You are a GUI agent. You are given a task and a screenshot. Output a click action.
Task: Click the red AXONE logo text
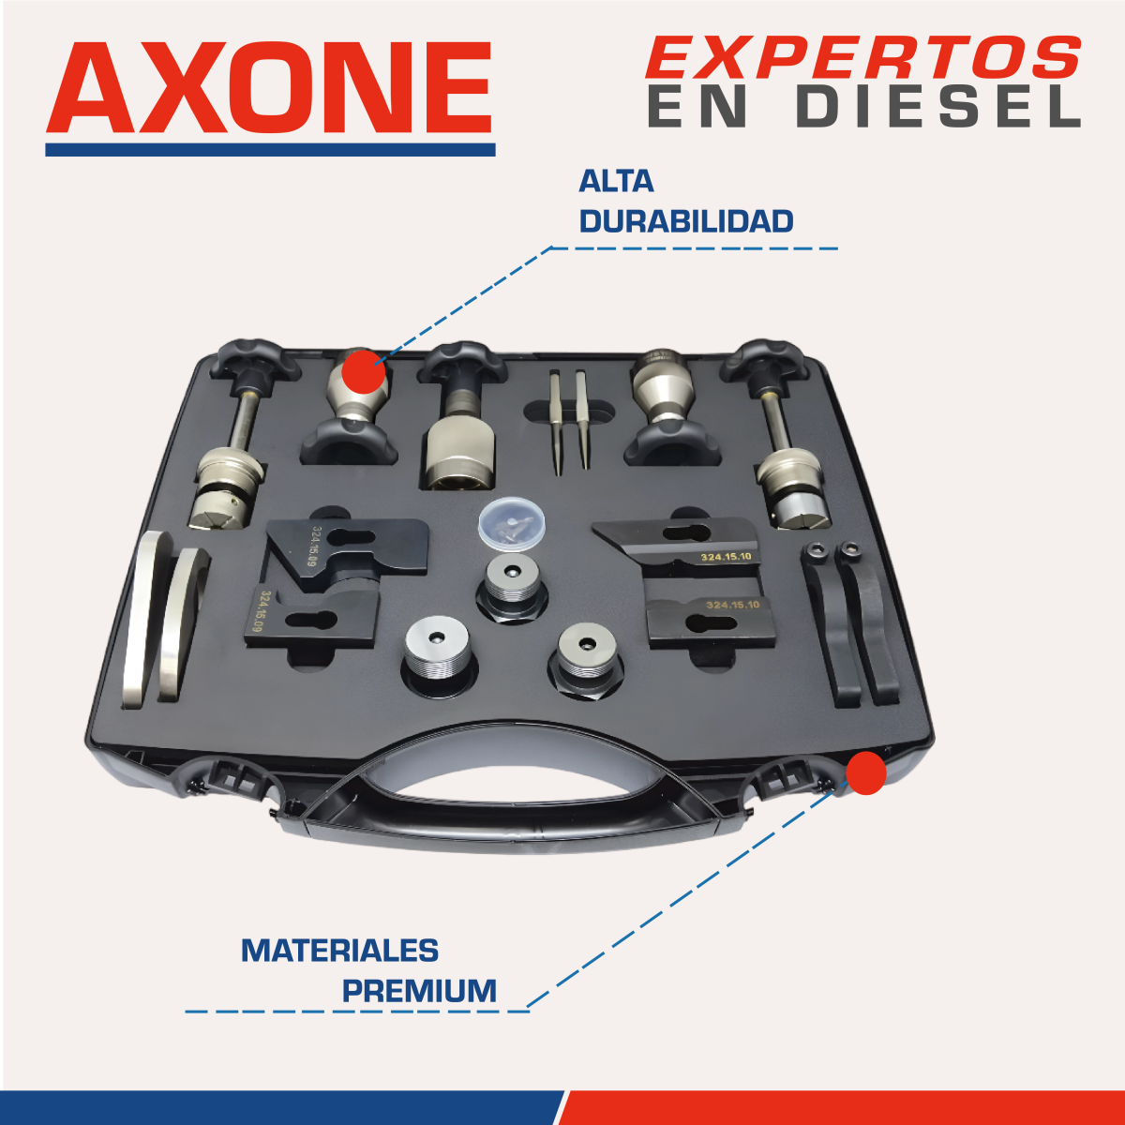269,88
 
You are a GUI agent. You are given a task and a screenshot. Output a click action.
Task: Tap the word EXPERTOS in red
863,57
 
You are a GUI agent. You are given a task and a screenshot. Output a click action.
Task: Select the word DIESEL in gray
938,108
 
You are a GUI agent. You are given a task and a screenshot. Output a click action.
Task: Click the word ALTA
616,182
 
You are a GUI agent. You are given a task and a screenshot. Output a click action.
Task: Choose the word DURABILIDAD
686,221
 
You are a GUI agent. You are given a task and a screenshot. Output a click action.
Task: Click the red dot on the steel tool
363,371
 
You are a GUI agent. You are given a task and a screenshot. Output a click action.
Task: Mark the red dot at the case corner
866,772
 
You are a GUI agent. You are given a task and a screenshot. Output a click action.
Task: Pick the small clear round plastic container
512,522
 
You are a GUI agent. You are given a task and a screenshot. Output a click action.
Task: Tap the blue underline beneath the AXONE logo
270,149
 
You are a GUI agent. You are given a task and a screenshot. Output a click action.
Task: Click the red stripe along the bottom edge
841,1107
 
